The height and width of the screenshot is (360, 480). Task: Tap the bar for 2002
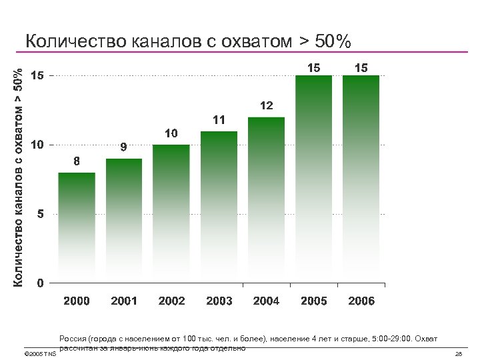click(x=171, y=214)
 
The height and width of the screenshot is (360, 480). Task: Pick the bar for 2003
click(x=219, y=207)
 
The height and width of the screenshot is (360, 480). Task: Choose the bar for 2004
click(x=266, y=200)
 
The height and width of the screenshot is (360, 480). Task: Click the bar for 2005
click(x=313, y=179)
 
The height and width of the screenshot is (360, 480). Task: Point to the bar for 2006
click(x=361, y=179)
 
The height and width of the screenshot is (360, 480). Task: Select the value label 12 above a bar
click(x=266, y=105)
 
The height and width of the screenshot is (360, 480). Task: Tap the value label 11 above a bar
click(x=219, y=120)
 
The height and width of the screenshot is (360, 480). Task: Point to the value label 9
click(x=124, y=147)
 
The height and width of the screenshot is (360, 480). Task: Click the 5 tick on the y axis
click(x=41, y=214)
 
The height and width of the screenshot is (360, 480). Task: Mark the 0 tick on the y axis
click(x=41, y=283)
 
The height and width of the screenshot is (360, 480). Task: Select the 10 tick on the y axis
click(x=38, y=145)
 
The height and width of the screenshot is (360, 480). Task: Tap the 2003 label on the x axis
click(x=219, y=301)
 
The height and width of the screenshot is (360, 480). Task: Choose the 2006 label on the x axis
click(x=361, y=301)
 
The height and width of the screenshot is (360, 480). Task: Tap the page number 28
click(x=458, y=353)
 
